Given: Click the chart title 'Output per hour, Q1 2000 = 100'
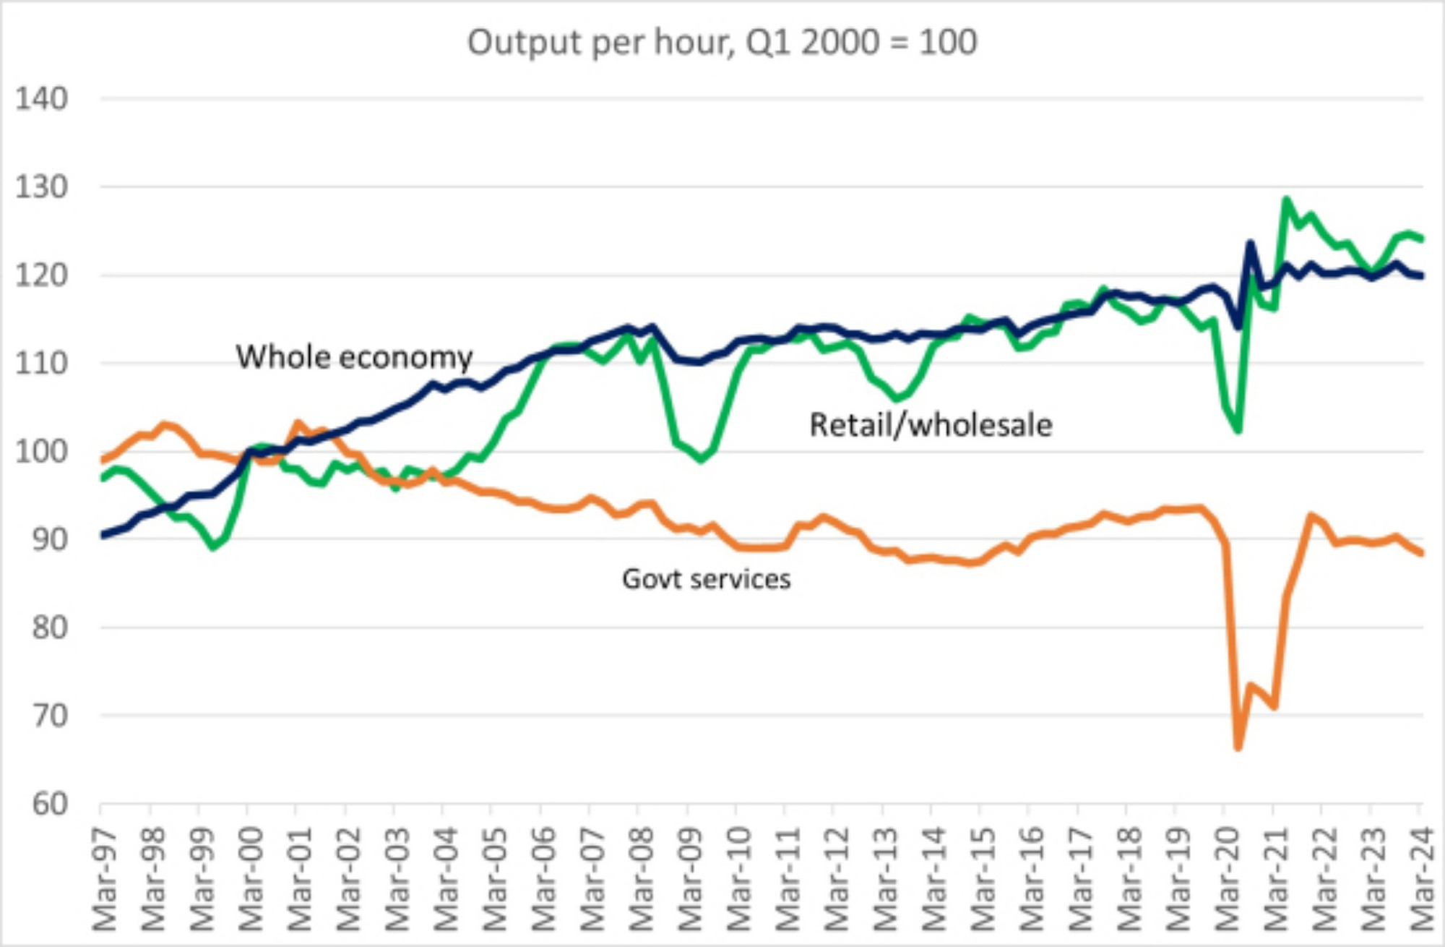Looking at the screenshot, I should pos(722,42).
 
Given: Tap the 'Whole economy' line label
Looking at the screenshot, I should pos(354,357).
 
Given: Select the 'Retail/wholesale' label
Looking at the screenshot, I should pos(931,425).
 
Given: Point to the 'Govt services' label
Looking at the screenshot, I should pos(706,579).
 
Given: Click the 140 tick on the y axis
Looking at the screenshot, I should pos(42,98).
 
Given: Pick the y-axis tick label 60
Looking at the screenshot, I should pos(49,804).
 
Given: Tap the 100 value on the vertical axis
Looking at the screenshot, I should pos(42,452).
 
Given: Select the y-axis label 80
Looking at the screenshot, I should pos(49,627).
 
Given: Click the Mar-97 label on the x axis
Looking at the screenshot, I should pos(105,878).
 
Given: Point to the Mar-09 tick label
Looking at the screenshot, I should pos(690,878).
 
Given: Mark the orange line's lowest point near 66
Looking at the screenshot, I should pos(1238,747).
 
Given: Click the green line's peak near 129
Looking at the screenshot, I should pos(1286,199).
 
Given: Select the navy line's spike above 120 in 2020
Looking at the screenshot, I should pos(1251,244).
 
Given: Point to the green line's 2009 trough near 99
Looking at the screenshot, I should pos(701,459).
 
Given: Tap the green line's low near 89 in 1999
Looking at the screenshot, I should pos(213,547).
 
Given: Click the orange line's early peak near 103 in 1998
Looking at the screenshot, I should pos(165,425).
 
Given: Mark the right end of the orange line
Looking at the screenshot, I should pos(1421,554).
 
